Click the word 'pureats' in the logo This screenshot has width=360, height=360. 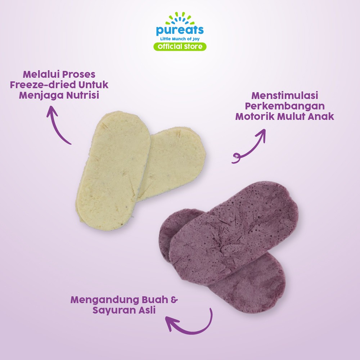(x=180, y=30)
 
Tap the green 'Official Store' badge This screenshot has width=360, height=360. (x=180, y=46)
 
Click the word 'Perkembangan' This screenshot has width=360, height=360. (x=285, y=107)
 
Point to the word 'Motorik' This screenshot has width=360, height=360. (x=255, y=117)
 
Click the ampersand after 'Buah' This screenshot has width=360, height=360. (x=174, y=300)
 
